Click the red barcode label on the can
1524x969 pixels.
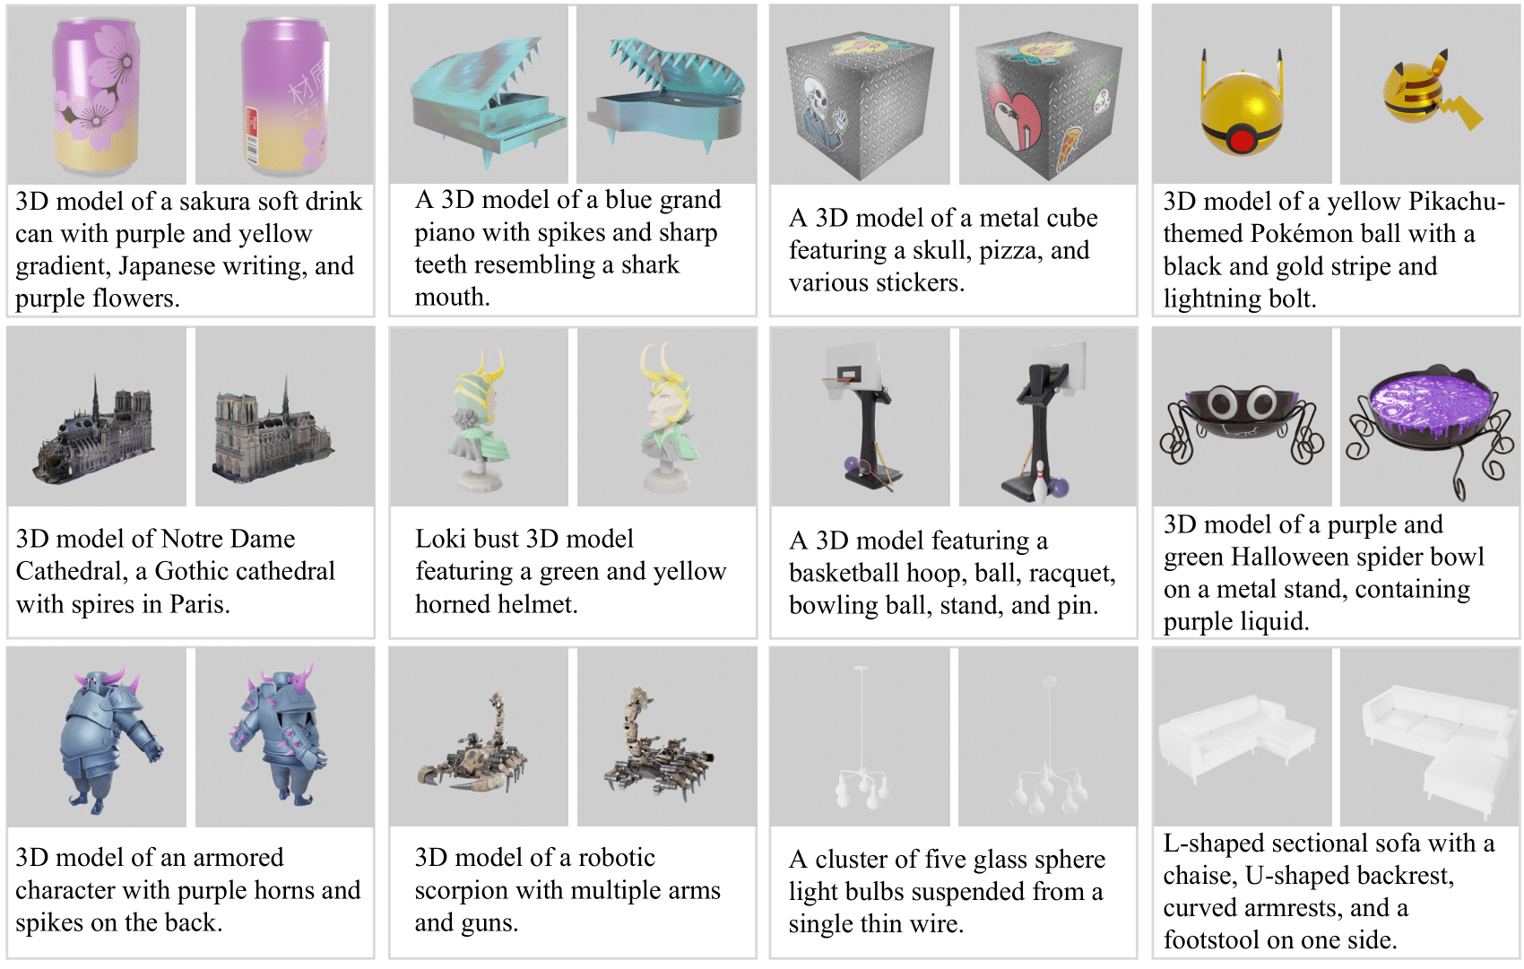tap(253, 135)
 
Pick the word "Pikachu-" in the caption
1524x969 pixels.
tap(1458, 202)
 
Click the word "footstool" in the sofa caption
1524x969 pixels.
tap(1212, 940)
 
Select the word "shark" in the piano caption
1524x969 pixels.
tap(650, 264)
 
